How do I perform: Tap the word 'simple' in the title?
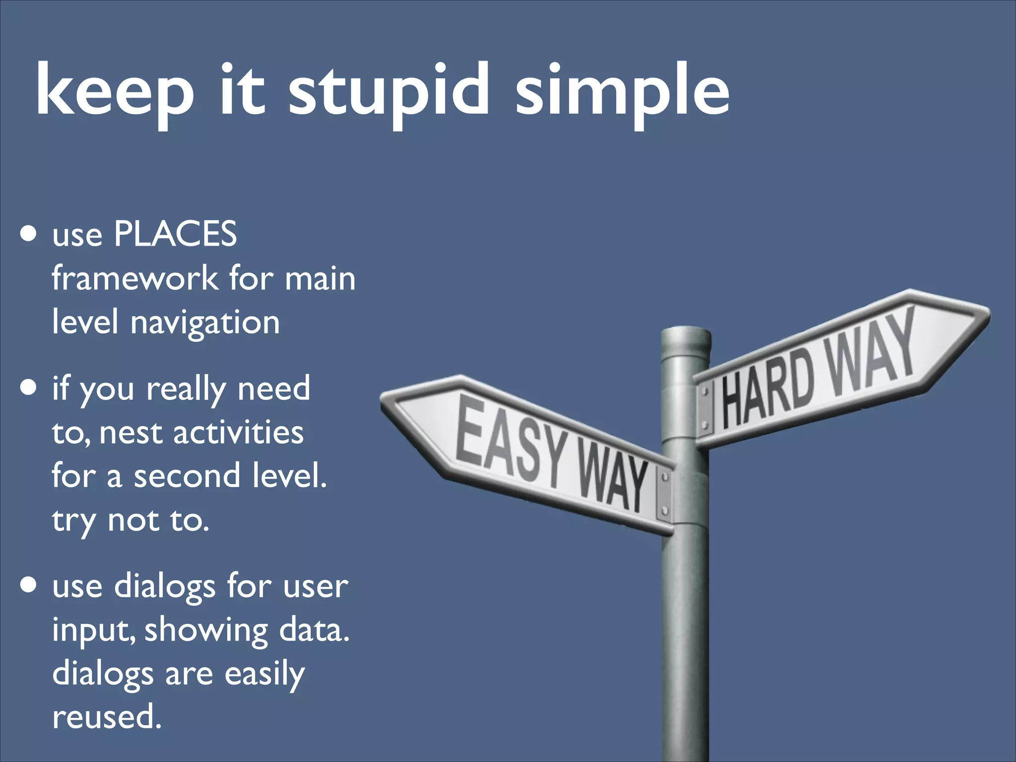622,92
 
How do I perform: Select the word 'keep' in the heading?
115,92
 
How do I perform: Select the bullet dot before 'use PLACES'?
29,234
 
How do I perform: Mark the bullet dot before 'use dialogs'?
29,585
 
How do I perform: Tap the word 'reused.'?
107,717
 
